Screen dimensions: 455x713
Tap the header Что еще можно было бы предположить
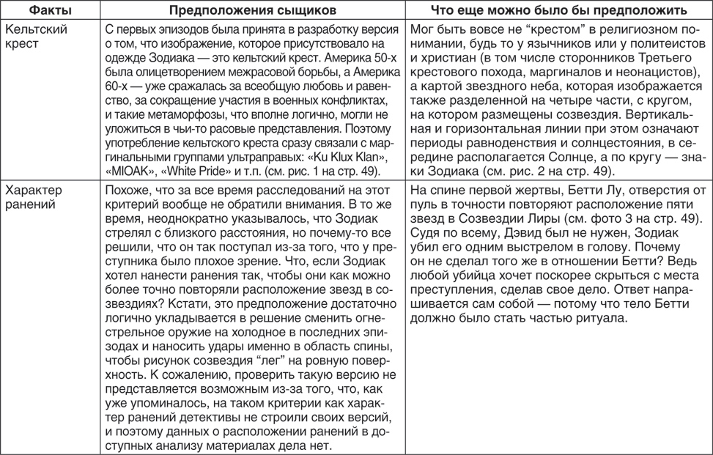coord(558,10)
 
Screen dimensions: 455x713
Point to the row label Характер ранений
coord(36,198)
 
